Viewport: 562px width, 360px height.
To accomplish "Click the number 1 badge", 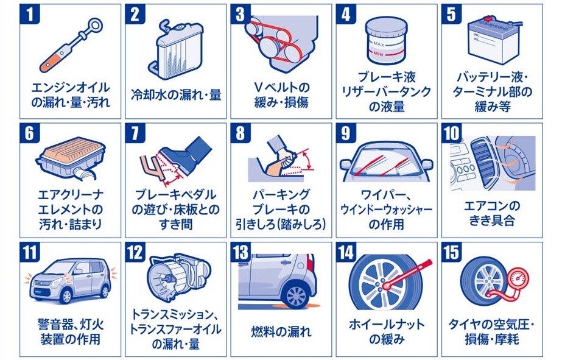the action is (29, 15).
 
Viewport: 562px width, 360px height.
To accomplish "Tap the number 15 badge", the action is (452, 252).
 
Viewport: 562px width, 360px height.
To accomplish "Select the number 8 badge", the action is (241, 133).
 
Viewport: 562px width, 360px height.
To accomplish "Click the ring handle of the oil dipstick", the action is (96, 25).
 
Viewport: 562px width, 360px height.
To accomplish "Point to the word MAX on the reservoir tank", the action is (379, 44).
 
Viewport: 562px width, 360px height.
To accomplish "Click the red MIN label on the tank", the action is (379, 54).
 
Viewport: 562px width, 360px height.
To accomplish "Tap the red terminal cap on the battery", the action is (487, 18).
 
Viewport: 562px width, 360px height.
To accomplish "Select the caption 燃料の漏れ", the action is (281, 331).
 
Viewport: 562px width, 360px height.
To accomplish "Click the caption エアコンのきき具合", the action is (492, 213).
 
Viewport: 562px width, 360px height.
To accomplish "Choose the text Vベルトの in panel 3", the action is (281, 87).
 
